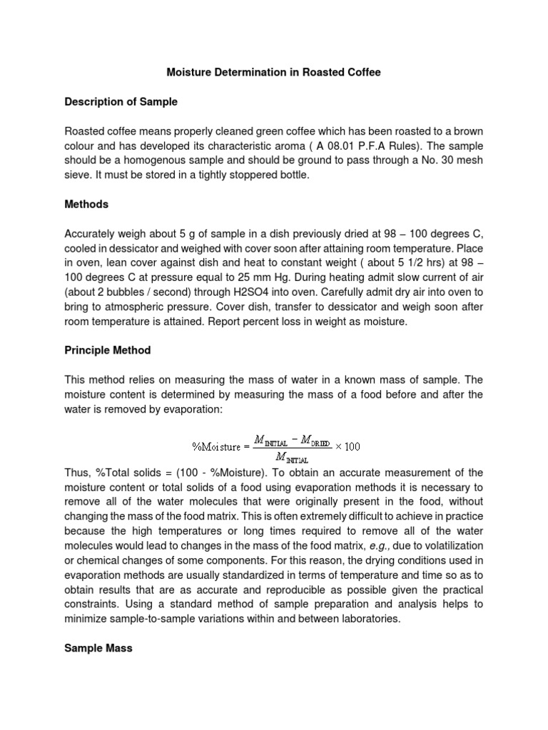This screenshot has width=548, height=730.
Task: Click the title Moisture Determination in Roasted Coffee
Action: (274, 72)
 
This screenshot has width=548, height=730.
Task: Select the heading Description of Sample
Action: (121, 102)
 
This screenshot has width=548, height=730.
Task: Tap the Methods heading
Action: (86, 204)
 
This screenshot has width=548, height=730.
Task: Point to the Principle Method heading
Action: (107, 351)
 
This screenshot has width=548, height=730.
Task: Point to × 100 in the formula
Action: (348, 446)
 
